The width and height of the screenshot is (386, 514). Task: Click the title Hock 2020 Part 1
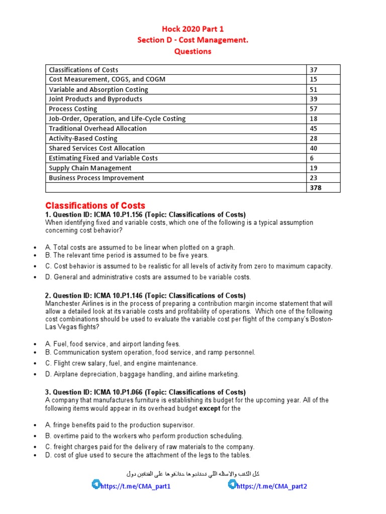pyautogui.click(x=192, y=29)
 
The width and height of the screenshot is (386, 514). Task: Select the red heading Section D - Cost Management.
pyautogui.click(x=192, y=40)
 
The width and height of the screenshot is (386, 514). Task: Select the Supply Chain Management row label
pyautogui.click(x=90, y=168)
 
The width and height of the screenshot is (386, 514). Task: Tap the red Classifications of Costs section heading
pyautogui.click(x=95, y=205)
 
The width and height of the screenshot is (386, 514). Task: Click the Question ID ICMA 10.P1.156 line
pyautogui.click(x=145, y=215)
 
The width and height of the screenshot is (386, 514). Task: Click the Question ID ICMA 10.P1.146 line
pyautogui.click(x=145, y=296)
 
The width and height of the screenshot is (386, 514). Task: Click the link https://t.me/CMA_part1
pyautogui.click(x=136, y=486)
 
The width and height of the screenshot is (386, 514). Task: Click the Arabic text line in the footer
pyautogui.click(x=193, y=473)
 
